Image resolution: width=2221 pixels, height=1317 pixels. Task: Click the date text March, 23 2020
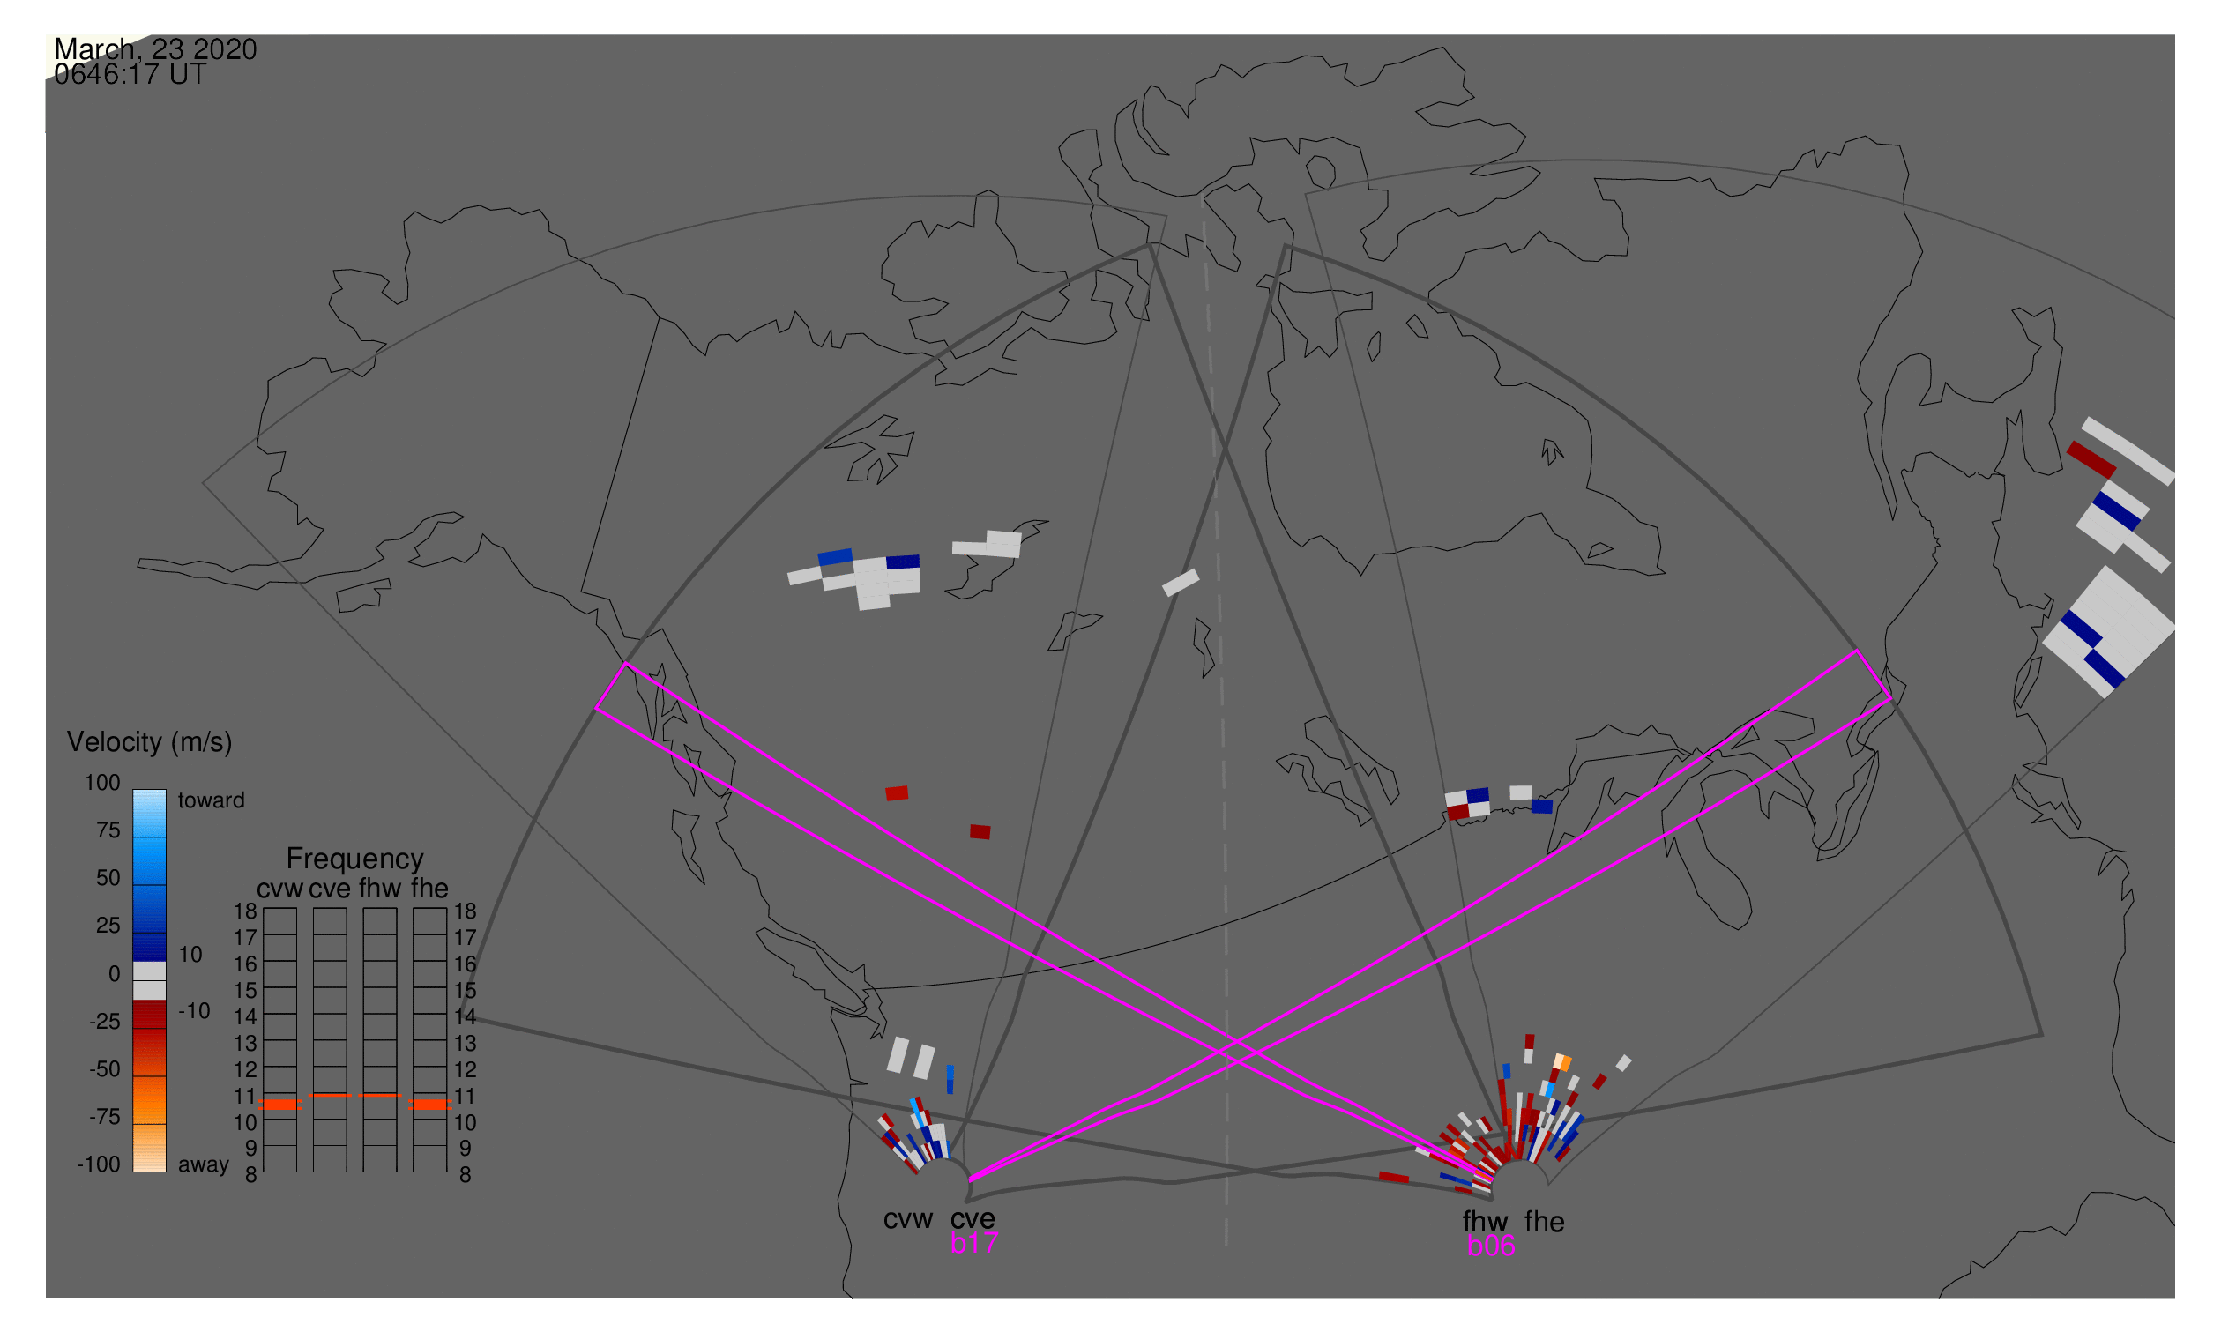[155, 49]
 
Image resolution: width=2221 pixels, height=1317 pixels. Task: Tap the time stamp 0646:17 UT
[130, 75]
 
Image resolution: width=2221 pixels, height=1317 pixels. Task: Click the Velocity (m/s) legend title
[150, 743]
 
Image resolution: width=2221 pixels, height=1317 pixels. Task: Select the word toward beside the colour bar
[212, 800]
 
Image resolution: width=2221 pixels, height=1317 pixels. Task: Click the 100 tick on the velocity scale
[102, 783]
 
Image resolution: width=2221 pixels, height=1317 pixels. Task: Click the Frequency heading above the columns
[355, 859]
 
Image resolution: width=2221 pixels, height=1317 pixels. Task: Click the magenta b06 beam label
[1491, 1246]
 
